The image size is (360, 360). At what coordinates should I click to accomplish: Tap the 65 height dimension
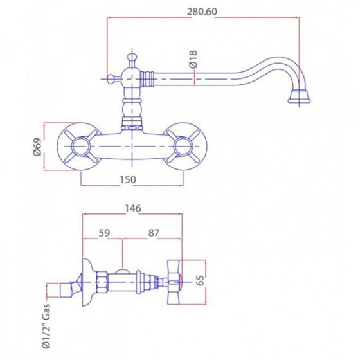coord(201,281)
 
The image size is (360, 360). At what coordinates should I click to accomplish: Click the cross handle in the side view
coord(174,281)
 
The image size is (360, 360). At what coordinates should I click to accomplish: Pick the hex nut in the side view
coord(104,280)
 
